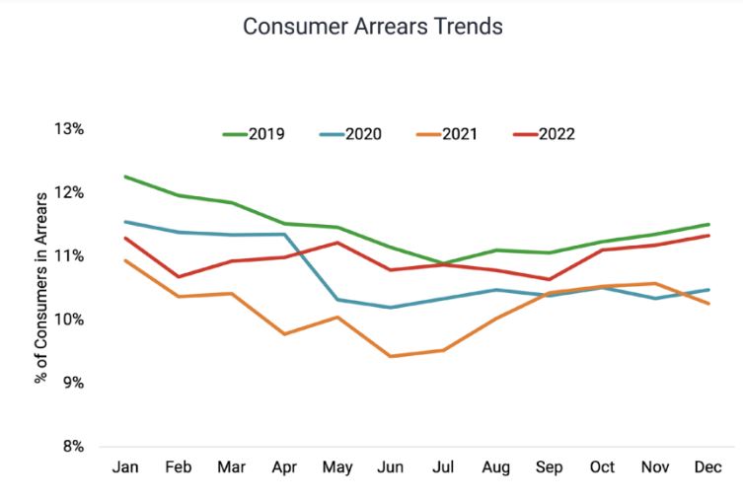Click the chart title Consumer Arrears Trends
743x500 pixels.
pyautogui.click(x=372, y=27)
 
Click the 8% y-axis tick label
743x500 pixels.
pyautogui.click(x=72, y=446)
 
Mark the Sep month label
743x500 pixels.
pyautogui.click(x=549, y=466)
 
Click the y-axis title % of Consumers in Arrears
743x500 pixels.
pyautogui.click(x=41, y=288)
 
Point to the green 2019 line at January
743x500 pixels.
pyautogui.click(x=124, y=177)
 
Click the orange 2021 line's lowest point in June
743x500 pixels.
pyautogui.click(x=390, y=356)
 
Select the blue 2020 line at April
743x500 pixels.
pyautogui.click(x=284, y=235)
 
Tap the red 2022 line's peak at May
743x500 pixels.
pyautogui.click(x=337, y=243)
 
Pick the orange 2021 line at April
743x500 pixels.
pyautogui.click(x=284, y=334)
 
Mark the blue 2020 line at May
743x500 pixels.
pyautogui.click(x=337, y=300)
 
